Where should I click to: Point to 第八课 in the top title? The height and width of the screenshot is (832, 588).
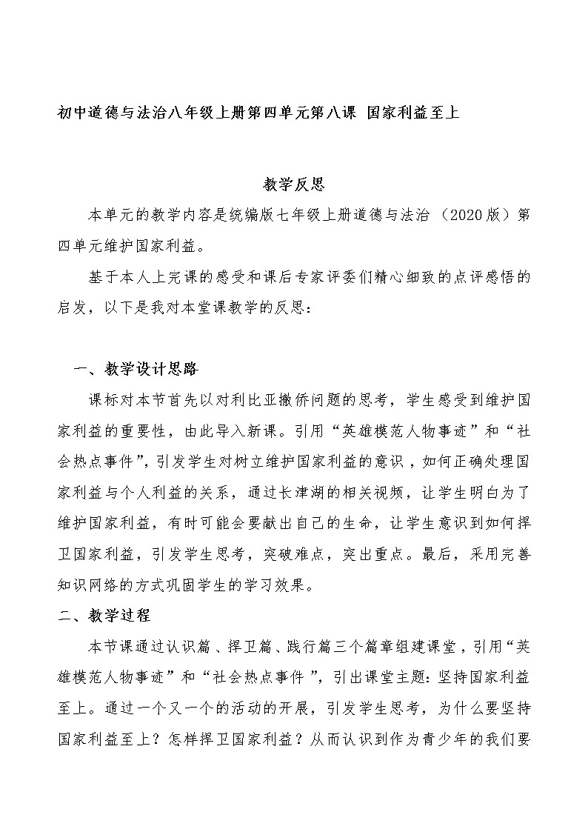pos(332,113)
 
